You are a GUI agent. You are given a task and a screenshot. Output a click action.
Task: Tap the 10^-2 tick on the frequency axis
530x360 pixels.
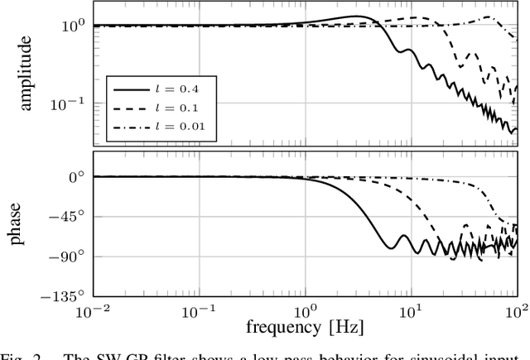tap(94, 311)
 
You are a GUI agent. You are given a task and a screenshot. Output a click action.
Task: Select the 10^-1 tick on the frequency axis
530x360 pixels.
tap(200, 311)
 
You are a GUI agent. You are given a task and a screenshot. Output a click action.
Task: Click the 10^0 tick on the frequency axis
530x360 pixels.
tap(306, 311)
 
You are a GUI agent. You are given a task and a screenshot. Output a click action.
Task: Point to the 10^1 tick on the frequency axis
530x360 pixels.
tap(412, 311)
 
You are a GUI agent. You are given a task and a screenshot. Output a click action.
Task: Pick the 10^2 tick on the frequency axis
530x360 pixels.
tap(517, 311)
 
